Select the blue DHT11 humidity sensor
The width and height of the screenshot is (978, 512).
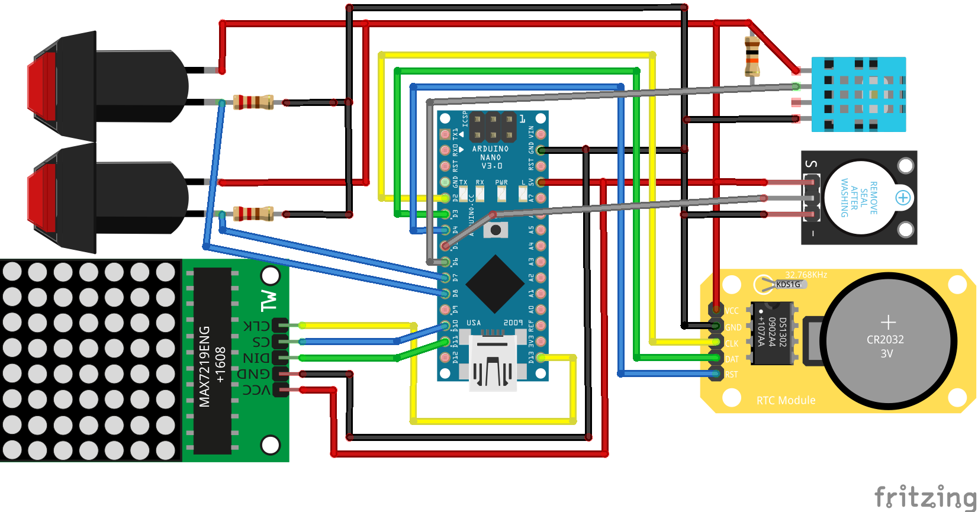858,94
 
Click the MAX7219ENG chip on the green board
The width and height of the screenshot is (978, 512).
212,360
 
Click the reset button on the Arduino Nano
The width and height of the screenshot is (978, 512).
496,230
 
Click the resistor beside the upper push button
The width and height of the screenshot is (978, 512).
253,102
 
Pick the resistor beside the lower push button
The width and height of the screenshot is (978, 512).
253,214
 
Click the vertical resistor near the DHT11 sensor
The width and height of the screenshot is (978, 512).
752,56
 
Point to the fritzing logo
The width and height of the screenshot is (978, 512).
925,496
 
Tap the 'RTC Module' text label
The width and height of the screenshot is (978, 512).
786,401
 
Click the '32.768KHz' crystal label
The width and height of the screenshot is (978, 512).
806,275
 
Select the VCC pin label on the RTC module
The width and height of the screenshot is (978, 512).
732,311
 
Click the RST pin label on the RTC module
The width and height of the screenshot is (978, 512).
732,375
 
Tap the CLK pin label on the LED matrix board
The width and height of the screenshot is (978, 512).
256,326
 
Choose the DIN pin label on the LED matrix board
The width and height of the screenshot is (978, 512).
256,358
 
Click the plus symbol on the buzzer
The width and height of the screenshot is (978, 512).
903,198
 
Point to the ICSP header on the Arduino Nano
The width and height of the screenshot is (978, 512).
493,126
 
